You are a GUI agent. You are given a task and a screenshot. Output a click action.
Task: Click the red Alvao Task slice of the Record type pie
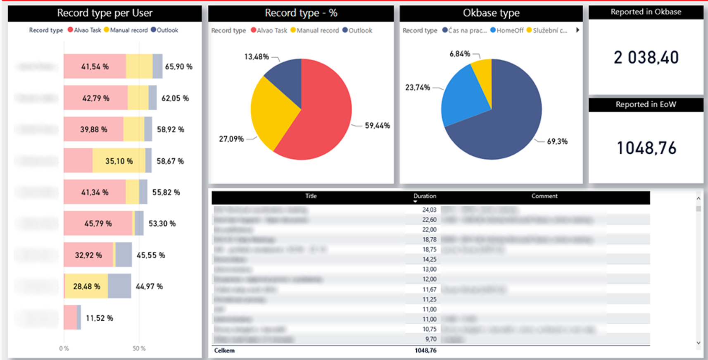click(x=318, y=120)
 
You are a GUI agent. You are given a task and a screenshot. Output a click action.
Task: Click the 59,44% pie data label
click(x=377, y=126)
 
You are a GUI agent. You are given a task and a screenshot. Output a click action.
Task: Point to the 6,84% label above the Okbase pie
click(x=460, y=54)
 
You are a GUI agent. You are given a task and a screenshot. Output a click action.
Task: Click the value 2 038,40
click(x=646, y=57)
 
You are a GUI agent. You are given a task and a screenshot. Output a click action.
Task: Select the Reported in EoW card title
click(x=646, y=105)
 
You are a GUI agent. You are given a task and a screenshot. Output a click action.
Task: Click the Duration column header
click(x=425, y=196)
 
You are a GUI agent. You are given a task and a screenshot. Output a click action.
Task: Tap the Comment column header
click(x=544, y=196)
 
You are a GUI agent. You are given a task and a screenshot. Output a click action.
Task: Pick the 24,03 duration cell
click(x=429, y=210)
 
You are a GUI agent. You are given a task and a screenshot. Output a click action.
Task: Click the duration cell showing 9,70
click(x=430, y=339)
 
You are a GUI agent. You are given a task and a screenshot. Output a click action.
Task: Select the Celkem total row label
click(x=224, y=350)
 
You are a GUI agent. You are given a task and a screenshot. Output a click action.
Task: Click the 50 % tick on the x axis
click(x=139, y=348)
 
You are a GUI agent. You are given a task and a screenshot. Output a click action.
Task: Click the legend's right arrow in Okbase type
click(x=577, y=30)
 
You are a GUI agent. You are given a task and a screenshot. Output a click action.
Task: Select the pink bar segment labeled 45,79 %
click(x=98, y=224)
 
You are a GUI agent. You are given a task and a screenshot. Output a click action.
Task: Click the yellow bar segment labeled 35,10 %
click(x=119, y=161)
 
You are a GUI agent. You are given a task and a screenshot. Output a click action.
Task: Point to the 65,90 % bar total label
click(x=178, y=67)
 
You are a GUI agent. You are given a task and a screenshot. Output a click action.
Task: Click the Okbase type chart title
click(x=491, y=13)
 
